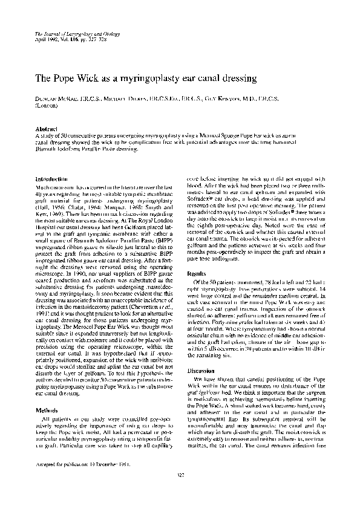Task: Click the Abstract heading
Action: pyautogui.click(x=47, y=129)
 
